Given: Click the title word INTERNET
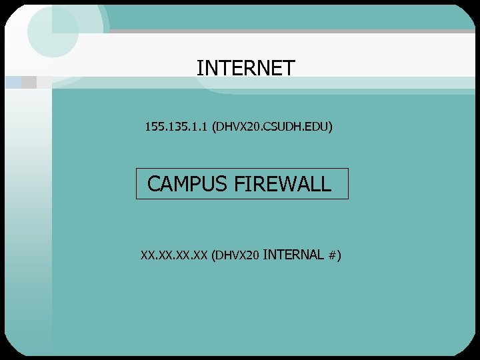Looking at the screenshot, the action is tap(245, 68).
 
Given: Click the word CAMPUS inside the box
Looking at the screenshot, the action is tap(187, 184).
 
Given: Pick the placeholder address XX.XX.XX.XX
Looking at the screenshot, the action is tap(173, 255).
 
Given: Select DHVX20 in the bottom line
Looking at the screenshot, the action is tap(237, 255).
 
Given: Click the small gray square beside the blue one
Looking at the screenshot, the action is tap(29, 82).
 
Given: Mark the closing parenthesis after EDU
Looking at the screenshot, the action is tap(331, 127).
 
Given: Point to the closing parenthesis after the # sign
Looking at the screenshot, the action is tap(339, 255).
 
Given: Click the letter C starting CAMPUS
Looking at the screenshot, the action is tap(154, 184).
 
